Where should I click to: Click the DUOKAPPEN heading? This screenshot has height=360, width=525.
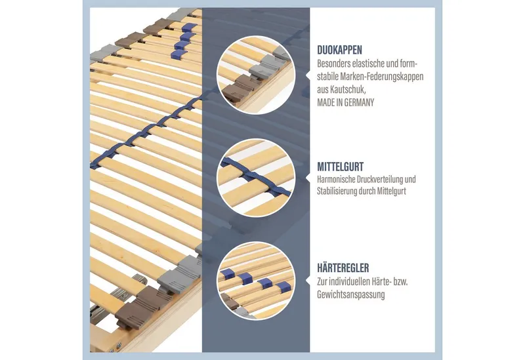pyautogui.click(x=339, y=50)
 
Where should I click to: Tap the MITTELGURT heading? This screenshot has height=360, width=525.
pyautogui.click(x=340, y=167)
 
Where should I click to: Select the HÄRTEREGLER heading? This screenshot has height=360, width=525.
pyautogui.click(x=343, y=268)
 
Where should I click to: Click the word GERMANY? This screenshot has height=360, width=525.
pyautogui.click(x=359, y=102)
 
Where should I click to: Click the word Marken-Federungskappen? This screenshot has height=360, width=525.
pyautogui.click(x=382, y=77)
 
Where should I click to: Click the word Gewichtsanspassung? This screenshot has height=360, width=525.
pyautogui.click(x=351, y=295)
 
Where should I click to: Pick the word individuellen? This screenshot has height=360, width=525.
pyautogui.click(x=351, y=282)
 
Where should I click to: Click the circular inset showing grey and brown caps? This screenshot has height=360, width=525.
pyautogui.click(x=256, y=75)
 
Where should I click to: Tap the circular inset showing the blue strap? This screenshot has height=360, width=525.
pyautogui.click(x=256, y=178)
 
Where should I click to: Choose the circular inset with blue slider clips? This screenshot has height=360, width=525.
pyautogui.click(x=256, y=281)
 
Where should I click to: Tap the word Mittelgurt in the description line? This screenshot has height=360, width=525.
pyautogui.click(x=392, y=191)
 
